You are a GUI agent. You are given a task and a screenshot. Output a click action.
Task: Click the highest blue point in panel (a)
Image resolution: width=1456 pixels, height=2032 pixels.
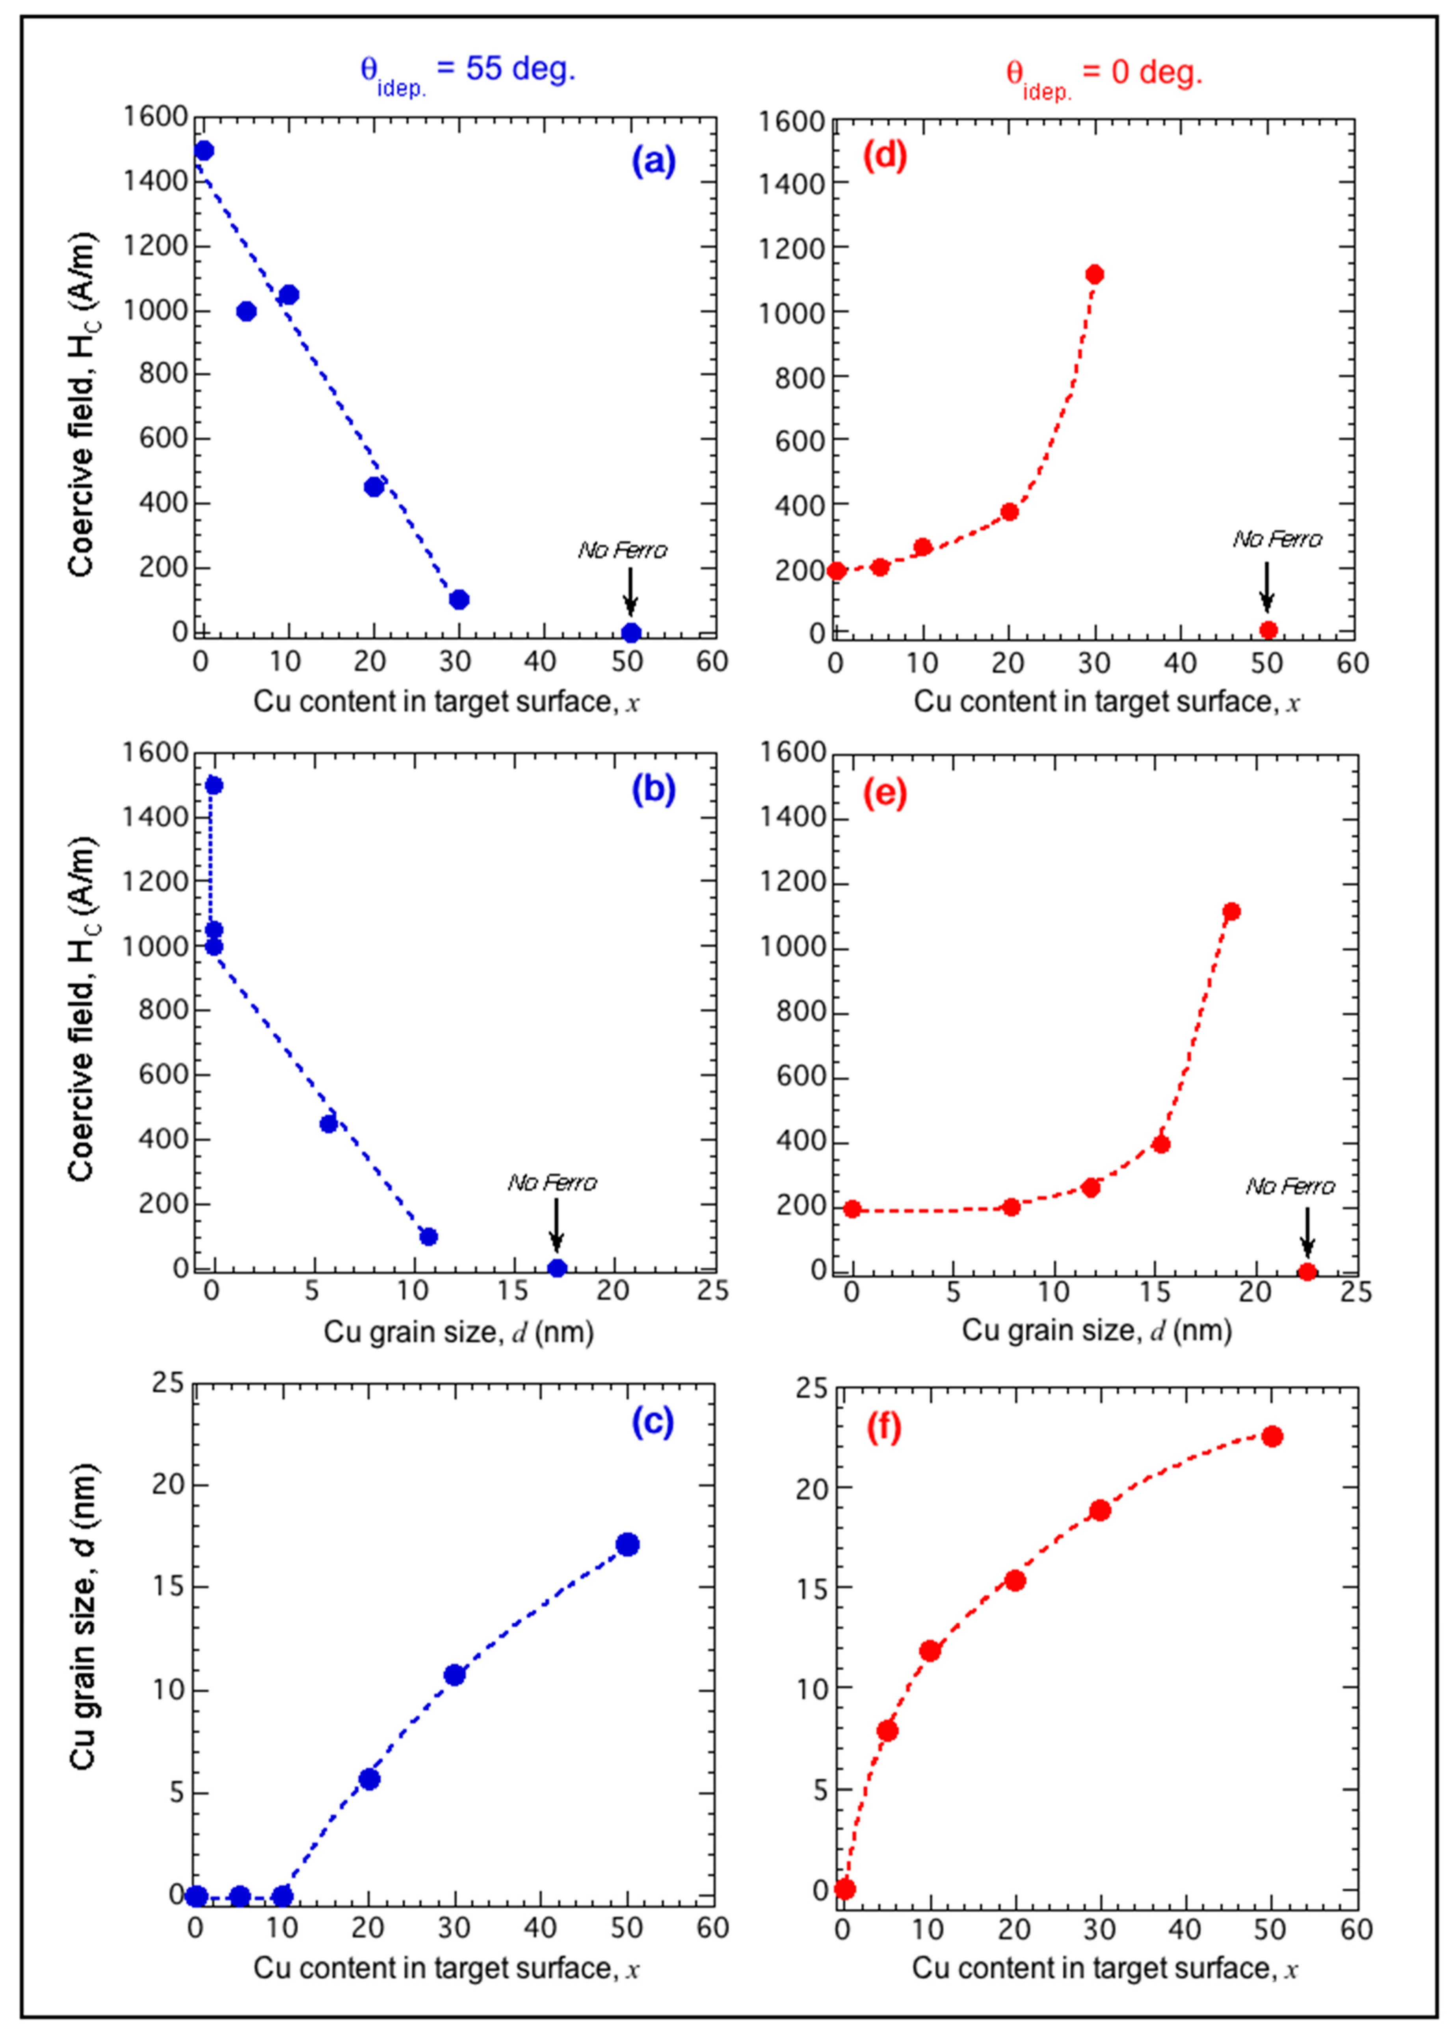[x=204, y=151]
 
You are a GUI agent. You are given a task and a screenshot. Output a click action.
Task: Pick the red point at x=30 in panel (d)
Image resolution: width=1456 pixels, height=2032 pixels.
[x=1094, y=274]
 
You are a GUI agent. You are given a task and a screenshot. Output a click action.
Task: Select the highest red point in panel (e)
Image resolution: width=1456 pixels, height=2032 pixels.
[x=1231, y=911]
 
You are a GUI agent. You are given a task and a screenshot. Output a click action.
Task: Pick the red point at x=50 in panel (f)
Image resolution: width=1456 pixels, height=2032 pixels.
[x=1272, y=1436]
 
